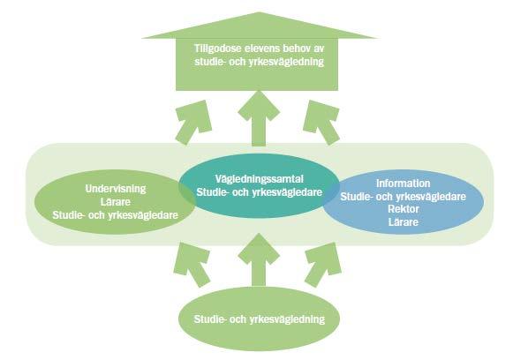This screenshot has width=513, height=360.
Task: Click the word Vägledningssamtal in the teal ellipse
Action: (x=259, y=179)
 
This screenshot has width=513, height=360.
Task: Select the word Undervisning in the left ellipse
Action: (x=116, y=189)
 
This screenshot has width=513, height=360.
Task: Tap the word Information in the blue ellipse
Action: (x=403, y=184)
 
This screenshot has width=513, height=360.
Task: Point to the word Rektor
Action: (x=403, y=209)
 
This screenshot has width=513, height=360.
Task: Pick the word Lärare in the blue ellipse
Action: (x=403, y=222)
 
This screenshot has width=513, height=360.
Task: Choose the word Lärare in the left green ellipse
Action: (x=116, y=202)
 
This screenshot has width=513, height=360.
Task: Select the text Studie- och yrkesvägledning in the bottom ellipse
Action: (x=259, y=319)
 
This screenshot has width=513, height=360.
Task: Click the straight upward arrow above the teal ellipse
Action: (x=259, y=118)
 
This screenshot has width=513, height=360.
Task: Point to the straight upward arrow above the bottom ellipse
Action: (x=259, y=259)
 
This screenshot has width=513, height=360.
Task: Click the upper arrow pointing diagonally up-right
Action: (x=193, y=122)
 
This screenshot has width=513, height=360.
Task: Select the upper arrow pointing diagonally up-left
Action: (x=321, y=122)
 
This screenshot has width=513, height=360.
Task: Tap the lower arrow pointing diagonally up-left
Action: (x=323, y=264)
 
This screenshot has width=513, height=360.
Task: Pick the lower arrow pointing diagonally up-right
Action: (x=192, y=264)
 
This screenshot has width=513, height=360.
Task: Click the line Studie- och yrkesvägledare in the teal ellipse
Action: (x=259, y=192)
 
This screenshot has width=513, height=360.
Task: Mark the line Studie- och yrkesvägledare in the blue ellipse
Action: (x=403, y=197)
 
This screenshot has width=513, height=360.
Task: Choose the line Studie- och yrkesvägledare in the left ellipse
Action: (x=116, y=215)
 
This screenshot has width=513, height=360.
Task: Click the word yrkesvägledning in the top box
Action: (x=286, y=62)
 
